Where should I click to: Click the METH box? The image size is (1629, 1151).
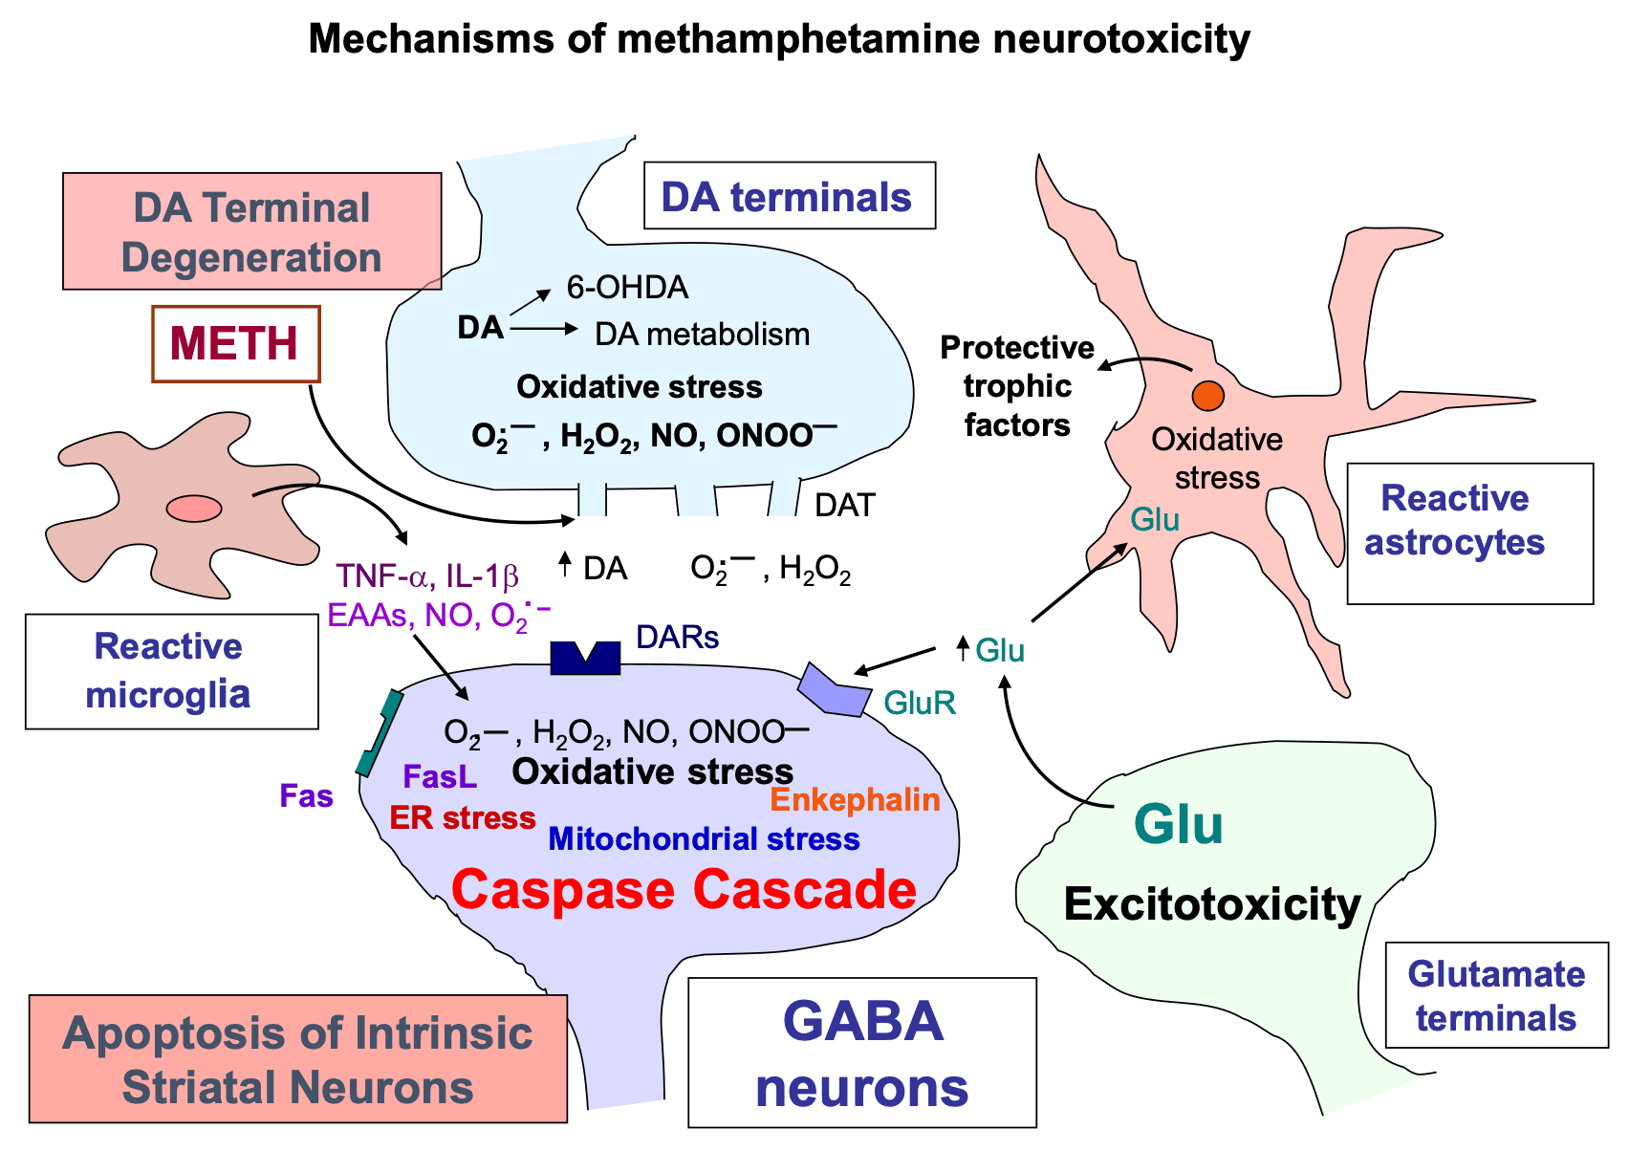[x=235, y=344]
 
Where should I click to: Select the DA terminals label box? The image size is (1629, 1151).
[x=789, y=197]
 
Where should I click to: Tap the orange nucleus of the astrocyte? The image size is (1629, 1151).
[x=1207, y=395]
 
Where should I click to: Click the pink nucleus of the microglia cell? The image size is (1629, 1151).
[x=194, y=509]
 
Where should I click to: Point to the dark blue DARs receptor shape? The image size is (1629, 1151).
[x=585, y=659]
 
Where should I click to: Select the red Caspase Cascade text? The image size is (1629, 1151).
[x=684, y=889]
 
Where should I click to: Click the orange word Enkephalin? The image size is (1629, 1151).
[x=855, y=799]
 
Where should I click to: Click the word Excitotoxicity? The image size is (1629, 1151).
[x=1211, y=903]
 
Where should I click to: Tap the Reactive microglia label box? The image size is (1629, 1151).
[x=171, y=671]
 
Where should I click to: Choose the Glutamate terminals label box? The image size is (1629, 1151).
[x=1495, y=995]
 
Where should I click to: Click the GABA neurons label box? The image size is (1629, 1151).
[x=861, y=1053]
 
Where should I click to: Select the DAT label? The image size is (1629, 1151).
[x=844, y=506]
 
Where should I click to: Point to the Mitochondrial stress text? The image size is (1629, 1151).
[x=704, y=839]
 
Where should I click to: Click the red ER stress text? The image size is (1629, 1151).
[x=463, y=818]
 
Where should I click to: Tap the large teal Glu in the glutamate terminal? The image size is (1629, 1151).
[x=1178, y=824]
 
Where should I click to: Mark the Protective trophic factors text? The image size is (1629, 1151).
[x=1016, y=386]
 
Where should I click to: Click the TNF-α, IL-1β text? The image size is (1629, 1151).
[x=426, y=576]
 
